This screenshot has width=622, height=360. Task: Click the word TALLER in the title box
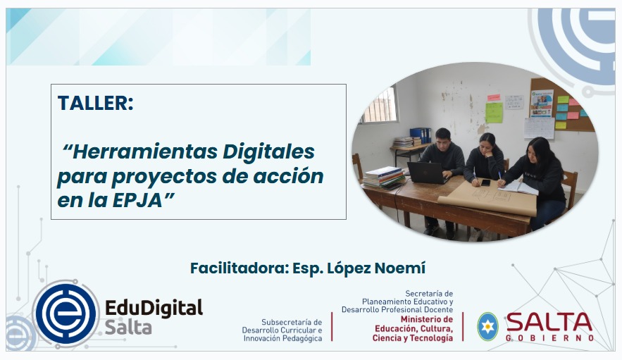[x=95, y=103]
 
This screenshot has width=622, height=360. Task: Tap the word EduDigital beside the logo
[x=154, y=308]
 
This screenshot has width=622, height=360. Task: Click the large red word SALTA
[x=549, y=322]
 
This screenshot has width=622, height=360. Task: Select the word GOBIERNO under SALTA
[x=549, y=338]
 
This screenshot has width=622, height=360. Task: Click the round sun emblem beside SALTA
[x=487, y=326]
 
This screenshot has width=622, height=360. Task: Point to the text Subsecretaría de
[x=291, y=322]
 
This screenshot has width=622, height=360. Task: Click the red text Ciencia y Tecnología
[x=413, y=338]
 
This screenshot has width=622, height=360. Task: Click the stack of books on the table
[x=384, y=177]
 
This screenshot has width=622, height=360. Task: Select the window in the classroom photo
[x=379, y=106]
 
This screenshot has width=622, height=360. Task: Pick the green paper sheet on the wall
[x=494, y=113]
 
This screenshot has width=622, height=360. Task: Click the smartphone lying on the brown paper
[x=485, y=182]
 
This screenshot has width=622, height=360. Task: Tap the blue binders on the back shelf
[x=420, y=135]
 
